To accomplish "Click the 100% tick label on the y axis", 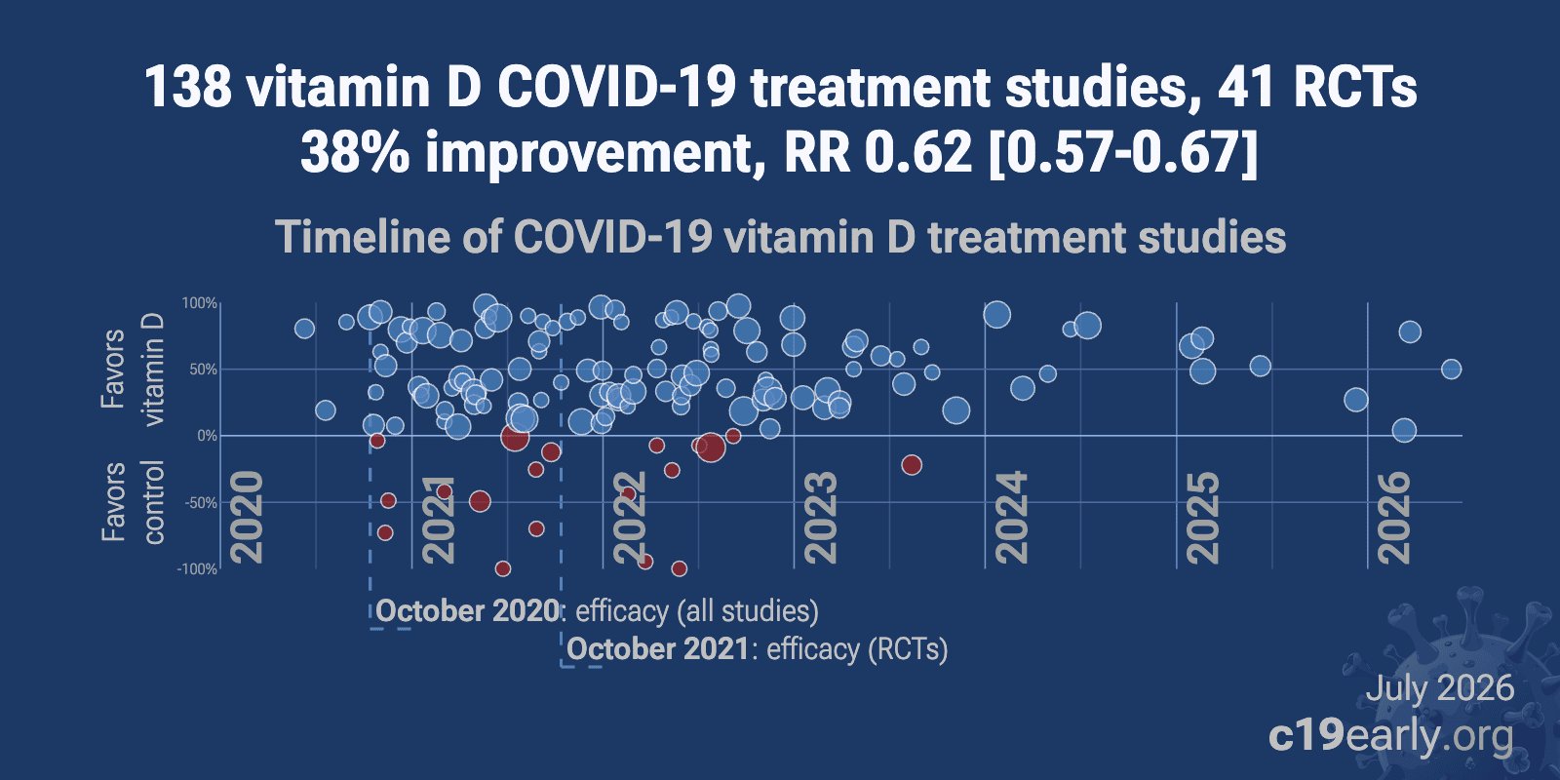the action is pyautogui.click(x=200, y=303).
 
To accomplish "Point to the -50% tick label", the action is pyautogui.click(x=201, y=503).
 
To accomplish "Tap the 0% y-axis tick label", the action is pyautogui.click(x=207, y=436).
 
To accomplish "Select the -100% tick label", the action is pyautogui.click(x=197, y=569).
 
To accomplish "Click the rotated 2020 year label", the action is pyautogui.click(x=248, y=518).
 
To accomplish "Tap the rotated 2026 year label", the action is pyautogui.click(x=1394, y=518).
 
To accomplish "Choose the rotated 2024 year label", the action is pyautogui.click(x=1012, y=518).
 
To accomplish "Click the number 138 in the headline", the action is pyautogui.click(x=188, y=88).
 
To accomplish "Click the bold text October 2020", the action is pyautogui.click(x=467, y=611).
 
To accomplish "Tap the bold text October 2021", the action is pyautogui.click(x=658, y=649).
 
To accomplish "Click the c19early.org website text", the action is pyautogui.click(x=1390, y=737).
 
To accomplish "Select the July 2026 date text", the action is pyautogui.click(x=1440, y=688).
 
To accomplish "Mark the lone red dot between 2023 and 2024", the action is pyautogui.click(x=912, y=465).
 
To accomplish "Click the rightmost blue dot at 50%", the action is pyautogui.click(x=1452, y=370).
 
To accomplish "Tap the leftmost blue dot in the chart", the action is pyautogui.click(x=304, y=329).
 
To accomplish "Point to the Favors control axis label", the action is pyautogui.click(x=133, y=502).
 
